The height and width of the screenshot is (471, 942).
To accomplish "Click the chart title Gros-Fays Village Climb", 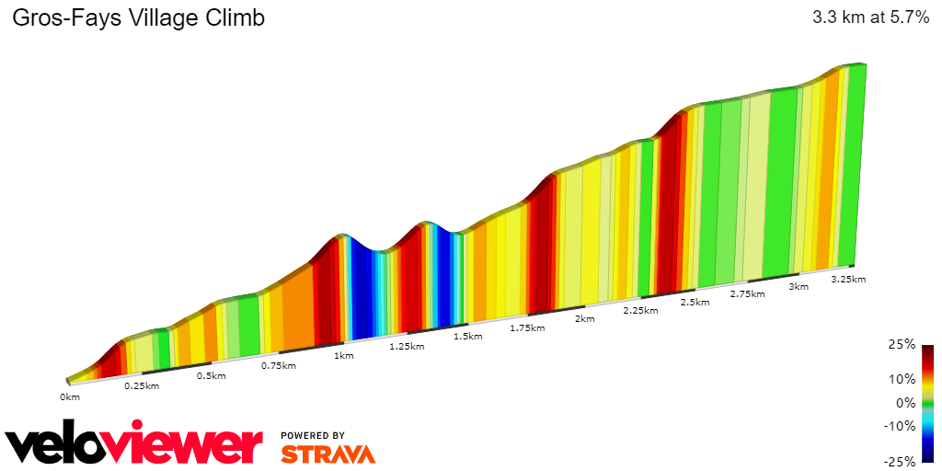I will pyautogui.click(x=138, y=18).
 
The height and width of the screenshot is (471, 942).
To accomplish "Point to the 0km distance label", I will pyautogui.click(x=70, y=396).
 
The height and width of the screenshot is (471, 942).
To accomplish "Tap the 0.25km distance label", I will pyautogui.click(x=142, y=385).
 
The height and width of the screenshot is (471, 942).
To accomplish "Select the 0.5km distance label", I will pyautogui.click(x=212, y=375).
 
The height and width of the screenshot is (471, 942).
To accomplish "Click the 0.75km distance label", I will pyautogui.click(x=278, y=365).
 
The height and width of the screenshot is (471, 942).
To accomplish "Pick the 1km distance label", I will pyautogui.click(x=344, y=355).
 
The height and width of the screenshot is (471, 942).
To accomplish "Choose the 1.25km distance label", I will pyautogui.click(x=406, y=346).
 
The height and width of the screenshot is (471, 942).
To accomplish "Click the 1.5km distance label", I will pyautogui.click(x=467, y=337).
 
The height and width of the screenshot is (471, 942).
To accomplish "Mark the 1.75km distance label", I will pyautogui.click(x=525, y=327).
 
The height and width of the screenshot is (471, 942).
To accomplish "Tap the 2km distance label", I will pyautogui.click(x=584, y=319).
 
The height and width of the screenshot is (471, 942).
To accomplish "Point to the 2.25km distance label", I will pyautogui.click(x=639, y=311).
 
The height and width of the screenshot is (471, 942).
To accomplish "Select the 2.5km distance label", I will pyautogui.click(x=695, y=303).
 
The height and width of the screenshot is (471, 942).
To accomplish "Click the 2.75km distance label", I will pyautogui.click(x=747, y=294).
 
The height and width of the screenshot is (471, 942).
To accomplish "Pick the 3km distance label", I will pyautogui.click(x=798, y=287).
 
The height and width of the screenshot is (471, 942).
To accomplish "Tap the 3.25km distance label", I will pyautogui.click(x=848, y=279).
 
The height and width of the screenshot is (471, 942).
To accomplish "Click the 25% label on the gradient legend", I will pyautogui.click(x=902, y=344).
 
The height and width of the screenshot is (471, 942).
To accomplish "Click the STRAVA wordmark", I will pyautogui.click(x=327, y=454).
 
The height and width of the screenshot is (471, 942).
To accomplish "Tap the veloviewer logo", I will pyautogui.click(x=134, y=444).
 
